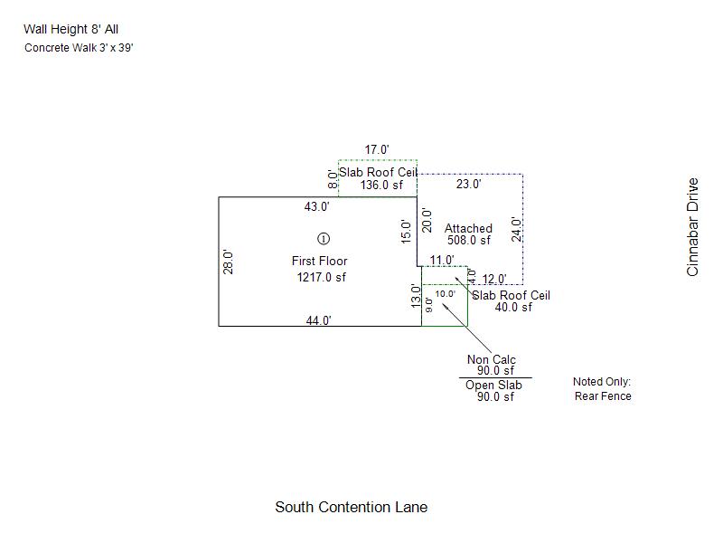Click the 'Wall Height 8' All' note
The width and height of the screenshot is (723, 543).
pos(71,29)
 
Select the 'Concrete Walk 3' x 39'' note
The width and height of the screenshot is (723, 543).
pos(79,48)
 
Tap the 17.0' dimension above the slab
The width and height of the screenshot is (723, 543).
pos(377,149)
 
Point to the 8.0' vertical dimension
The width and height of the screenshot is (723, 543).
pos(332,179)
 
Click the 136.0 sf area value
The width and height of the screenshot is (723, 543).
pos(381,185)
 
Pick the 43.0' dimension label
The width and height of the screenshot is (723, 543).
pos(317,206)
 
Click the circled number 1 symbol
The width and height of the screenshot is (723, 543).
pos(324,239)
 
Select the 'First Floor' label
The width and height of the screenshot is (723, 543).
pos(320,261)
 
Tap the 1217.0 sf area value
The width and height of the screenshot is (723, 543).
pos(322,277)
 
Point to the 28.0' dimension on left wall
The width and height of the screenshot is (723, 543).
pos(228,262)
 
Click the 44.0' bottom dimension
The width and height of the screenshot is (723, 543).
pos(319,320)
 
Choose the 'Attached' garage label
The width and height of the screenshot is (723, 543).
pos(468,228)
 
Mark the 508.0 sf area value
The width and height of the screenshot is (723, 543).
pos(469,240)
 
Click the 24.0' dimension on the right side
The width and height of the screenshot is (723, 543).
pos(516,230)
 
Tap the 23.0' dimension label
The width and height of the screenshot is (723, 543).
pos(469,184)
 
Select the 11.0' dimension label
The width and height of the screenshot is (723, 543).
pos(442,260)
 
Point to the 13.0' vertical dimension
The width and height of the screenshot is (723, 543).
pos(416,297)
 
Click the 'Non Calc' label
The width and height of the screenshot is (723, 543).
pos(492,359)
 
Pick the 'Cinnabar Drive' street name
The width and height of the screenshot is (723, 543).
pos(692,227)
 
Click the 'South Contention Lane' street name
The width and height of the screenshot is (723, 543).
pos(352,507)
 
